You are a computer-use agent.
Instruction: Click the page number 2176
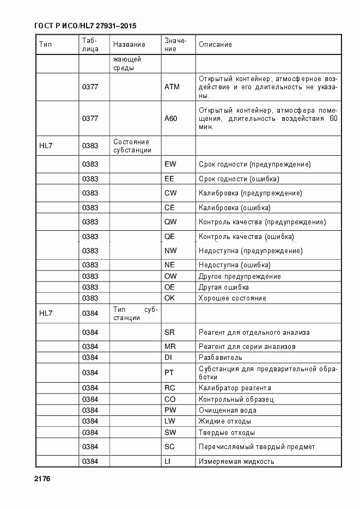tap(41, 479)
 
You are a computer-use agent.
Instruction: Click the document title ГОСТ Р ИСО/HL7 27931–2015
tap(85, 26)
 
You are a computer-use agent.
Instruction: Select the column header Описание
tap(215, 45)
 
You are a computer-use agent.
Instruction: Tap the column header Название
tap(129, 45)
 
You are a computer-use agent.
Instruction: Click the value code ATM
tap(172, 87)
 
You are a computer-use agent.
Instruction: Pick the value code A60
tap(171, 118)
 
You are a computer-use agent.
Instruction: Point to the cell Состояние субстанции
tap(132, 146)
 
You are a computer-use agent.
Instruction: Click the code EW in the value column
tap(170, 164)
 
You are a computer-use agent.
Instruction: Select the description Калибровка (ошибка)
tap(235, 207)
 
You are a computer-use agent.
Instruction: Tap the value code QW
tap(170, 222)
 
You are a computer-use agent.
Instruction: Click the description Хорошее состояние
tap(233, 298)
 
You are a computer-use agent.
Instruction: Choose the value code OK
tap(170, 298)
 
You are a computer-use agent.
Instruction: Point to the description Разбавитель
tap(221, 358)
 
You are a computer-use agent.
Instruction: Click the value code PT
tap(169, 373)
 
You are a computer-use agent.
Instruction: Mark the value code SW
tap(170, 433)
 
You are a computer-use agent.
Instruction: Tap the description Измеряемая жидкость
tap(236, 462)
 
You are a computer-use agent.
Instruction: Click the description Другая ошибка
tap(224, 287)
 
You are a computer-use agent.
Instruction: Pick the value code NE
tap(169, 265)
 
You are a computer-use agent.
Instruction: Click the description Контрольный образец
tap(236, 399)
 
